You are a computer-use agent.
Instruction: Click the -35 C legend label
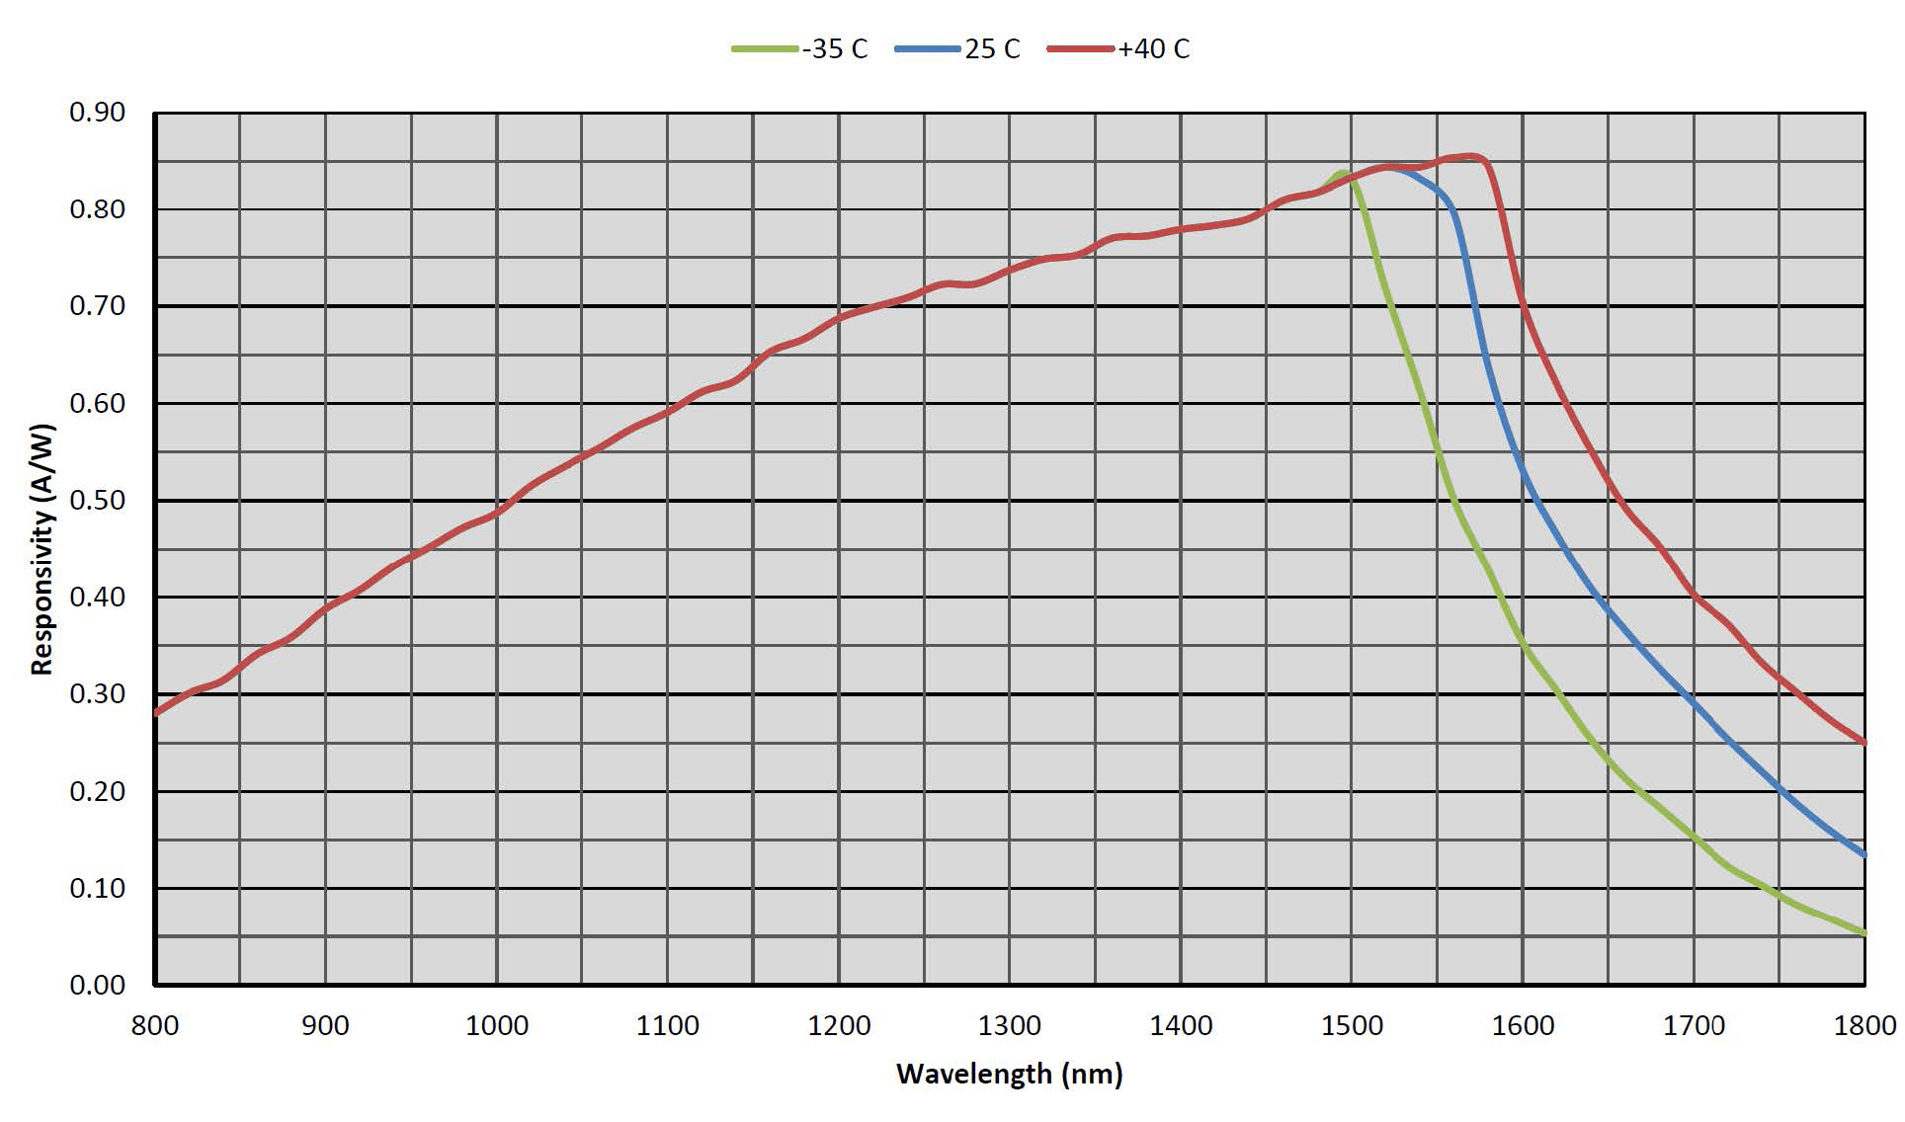(835, 48)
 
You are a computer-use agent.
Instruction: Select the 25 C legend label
(992, 48)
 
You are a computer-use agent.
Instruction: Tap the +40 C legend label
(1154, 48)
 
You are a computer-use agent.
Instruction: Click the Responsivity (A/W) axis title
(41, 549)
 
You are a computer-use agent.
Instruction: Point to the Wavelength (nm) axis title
(1009, 1074)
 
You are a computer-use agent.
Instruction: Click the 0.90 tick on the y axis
(97, 113)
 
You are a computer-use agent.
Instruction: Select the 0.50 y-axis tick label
(97, 501)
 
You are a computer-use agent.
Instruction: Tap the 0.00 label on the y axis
(97, 985)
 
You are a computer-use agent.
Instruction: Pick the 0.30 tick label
(97, 694)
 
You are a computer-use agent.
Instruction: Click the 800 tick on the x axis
(155, 1026)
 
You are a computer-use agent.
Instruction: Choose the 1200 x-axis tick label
(839, 1026)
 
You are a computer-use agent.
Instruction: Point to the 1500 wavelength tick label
(1352, 1026)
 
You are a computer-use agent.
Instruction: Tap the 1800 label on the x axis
(1864, 1026)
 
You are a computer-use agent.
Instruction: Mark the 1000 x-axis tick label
(497, 1026)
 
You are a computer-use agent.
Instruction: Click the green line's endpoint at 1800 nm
(1864, 933)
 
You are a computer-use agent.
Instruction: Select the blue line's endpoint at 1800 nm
(1864, 855)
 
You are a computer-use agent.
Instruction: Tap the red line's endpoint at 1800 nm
(1864, 743)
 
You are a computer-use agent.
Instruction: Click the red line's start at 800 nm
(157, 712)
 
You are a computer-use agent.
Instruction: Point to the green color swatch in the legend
(764, 48)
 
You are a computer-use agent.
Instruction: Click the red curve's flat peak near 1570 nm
(1469, 156)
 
